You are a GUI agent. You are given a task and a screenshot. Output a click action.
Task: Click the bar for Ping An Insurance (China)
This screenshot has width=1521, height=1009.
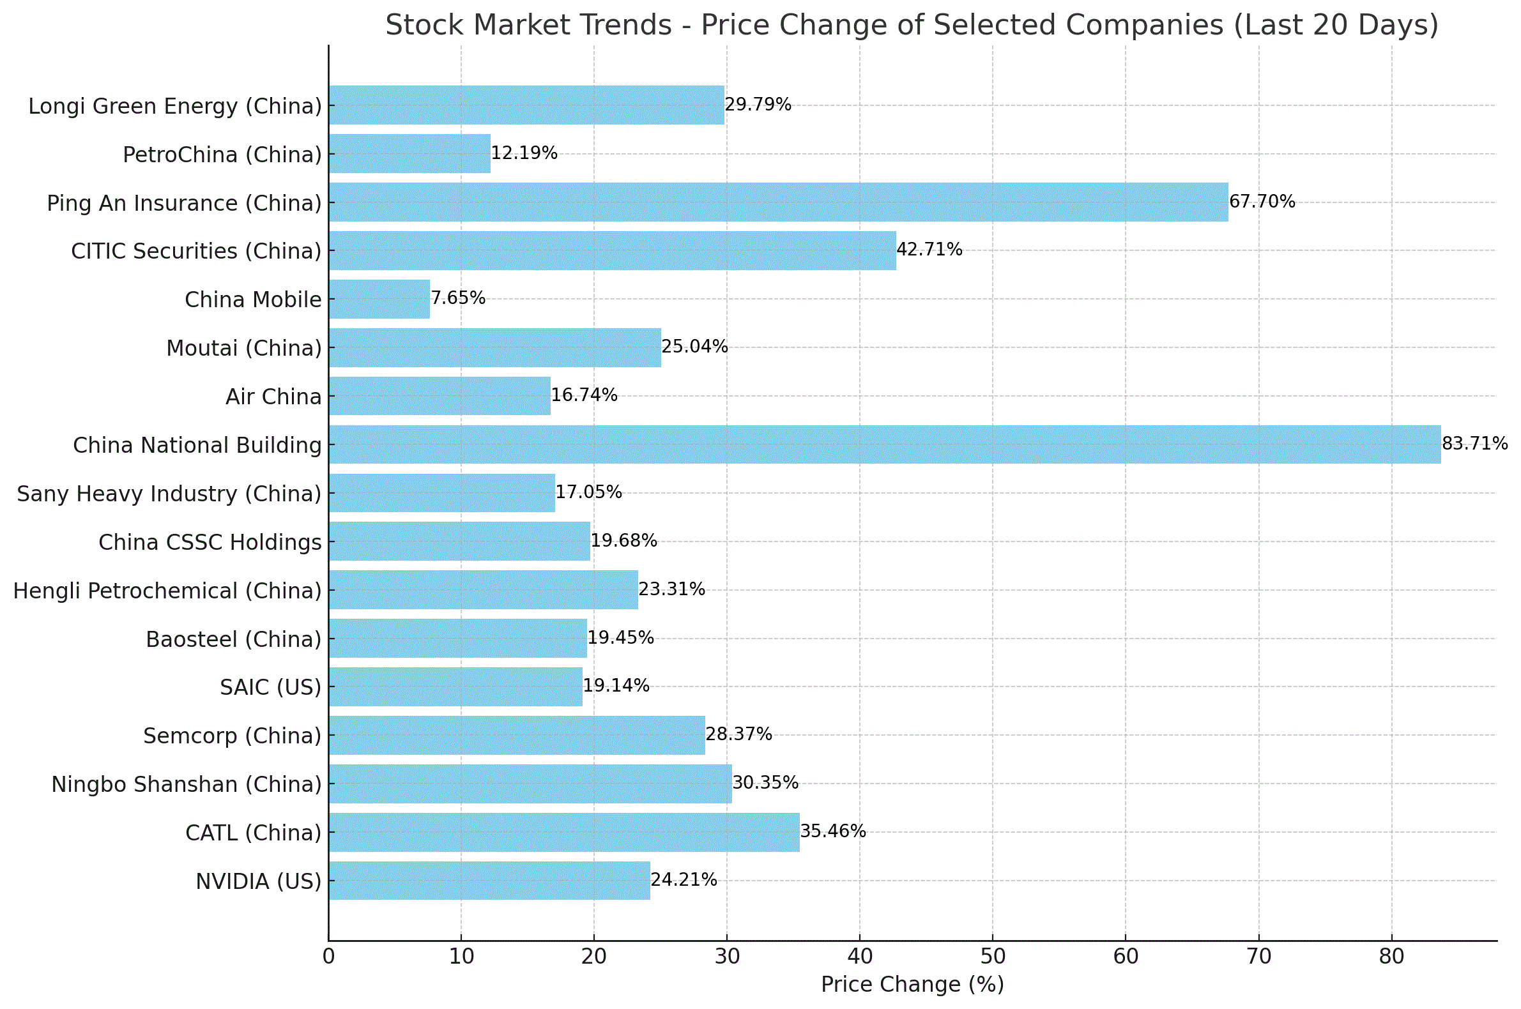click(x=777, y=202)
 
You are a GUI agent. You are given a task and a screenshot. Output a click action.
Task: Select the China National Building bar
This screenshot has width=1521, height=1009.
click(x=884, y=444)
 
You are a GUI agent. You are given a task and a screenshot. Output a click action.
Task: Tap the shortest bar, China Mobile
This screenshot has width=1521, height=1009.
click(x=379, y=300)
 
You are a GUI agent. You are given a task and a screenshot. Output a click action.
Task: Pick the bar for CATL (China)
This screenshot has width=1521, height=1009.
click(x=564, y=832)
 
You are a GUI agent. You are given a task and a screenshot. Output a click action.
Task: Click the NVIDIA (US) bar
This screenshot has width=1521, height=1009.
click(x=489, y=880)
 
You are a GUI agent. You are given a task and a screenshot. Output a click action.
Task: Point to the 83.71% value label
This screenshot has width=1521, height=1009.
click(x=1474, y=443)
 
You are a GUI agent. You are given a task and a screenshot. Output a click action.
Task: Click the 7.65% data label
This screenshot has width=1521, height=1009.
click(x=457, y=298)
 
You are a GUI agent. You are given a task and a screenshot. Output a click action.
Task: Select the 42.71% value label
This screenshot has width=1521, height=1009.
click(x=929, y=249)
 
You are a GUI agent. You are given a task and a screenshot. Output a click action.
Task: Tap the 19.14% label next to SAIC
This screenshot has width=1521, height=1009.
click(x=616, y=685)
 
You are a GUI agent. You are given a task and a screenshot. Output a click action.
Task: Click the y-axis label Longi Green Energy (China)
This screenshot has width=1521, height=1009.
click(x=174, y=106)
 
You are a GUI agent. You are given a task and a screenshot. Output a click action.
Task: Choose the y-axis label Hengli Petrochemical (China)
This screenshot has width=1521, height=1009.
click(x=167, y=591)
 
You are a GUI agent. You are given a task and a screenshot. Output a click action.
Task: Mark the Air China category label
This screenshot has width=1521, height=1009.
click(x=273, y=397)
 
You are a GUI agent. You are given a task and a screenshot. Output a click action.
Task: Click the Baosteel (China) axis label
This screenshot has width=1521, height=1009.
click(x=233, y=639)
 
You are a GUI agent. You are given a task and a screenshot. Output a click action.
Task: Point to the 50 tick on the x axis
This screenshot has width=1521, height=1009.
click(x=993, y=957)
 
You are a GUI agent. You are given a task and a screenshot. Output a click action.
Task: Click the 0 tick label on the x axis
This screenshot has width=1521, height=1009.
click(x=328, y=957)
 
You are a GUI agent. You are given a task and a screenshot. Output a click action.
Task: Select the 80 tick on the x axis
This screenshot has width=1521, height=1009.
click(x=1391, y=957)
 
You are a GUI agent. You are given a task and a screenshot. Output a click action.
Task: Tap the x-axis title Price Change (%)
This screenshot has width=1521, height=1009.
click(x=912, y=985)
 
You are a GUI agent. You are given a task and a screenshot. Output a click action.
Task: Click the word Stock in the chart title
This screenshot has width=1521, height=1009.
click(x=425, y=26)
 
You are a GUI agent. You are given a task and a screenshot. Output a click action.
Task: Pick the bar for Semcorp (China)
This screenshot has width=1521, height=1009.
click(x=517, y=735)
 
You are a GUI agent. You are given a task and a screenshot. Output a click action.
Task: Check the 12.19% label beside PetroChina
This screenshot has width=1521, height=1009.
click(x=524, y=153)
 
